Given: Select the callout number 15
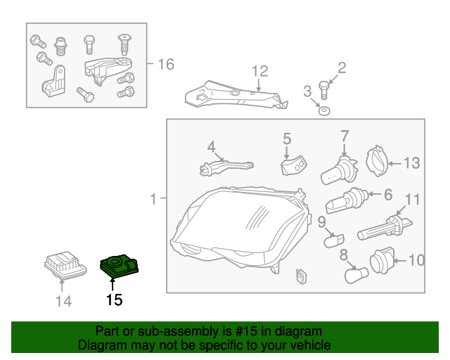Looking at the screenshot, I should (114, 300).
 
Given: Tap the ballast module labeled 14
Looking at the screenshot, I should (65, 266).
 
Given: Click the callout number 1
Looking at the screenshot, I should (153, 200).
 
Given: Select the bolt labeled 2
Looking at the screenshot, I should (323, 90).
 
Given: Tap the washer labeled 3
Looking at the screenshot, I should (323, 111).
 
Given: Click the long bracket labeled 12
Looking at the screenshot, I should (236, 96).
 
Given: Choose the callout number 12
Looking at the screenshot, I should (260, 71).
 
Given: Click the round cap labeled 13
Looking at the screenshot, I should (378, 162).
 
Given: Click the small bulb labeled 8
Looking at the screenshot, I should (355, 274).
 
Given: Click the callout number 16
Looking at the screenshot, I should (165, 65).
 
